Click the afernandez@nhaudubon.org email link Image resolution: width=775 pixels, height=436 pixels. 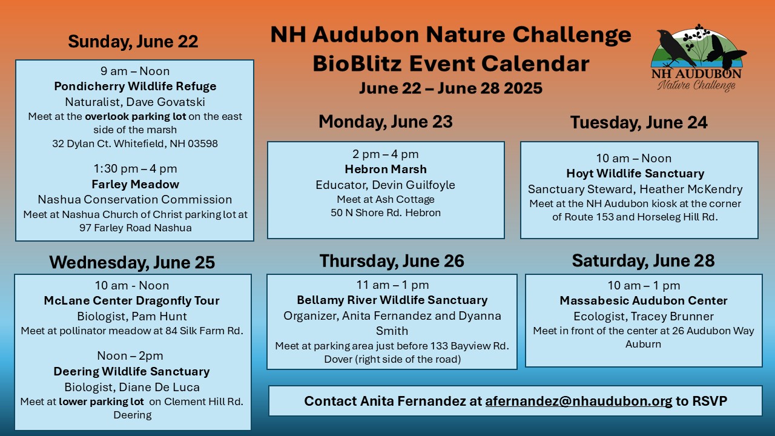[578, 401]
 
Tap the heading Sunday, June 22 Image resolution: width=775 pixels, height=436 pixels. [133, 42]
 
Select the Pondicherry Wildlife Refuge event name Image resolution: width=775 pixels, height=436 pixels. [135, 86]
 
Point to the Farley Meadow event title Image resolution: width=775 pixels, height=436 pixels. [135, 184]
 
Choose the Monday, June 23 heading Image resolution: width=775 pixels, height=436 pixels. [386, 122]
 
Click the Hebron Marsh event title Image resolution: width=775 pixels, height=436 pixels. [386, 169]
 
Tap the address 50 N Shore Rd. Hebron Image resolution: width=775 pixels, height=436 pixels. [386, 213]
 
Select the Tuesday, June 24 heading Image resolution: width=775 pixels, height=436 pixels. [639, 122]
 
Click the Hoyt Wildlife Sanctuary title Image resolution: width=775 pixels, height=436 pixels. [635, 173]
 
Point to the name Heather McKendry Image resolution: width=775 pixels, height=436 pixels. [691, 189]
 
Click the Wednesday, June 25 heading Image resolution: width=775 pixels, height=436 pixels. [132, 262]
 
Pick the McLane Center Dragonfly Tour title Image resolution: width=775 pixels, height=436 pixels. [132, 301]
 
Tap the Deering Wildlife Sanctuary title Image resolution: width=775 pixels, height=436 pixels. [132, 371]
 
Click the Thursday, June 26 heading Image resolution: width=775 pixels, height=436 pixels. [392, 261]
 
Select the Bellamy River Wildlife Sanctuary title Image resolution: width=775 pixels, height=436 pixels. [392, 300]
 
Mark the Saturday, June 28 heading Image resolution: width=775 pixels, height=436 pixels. [643, 261]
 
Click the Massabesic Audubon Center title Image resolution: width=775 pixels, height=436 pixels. [644, 301]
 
